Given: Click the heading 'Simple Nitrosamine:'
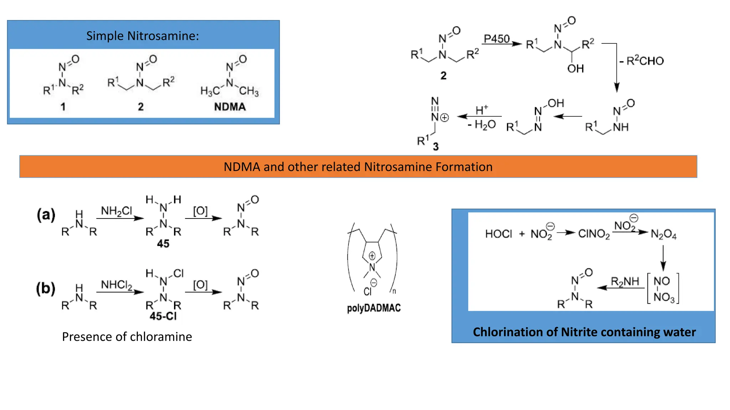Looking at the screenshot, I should [x=143, y=36].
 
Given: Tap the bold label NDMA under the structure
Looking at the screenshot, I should [x=230, y=107].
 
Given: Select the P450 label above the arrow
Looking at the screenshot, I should [x=497, y=38].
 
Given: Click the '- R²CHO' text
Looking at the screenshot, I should [x=642, y=61].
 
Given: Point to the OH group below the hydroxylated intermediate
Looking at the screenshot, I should [x=575, y=68].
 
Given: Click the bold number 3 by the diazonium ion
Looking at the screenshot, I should [x=436, y=146].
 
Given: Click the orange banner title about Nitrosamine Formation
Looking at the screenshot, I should [x=358, y=167].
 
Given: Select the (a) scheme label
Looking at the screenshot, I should [x=46, y=215].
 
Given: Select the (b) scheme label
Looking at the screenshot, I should [x=46, y=288].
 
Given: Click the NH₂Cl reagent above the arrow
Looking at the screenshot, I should [x=116, y=211].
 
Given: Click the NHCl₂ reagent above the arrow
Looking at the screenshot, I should [x=117, y=285].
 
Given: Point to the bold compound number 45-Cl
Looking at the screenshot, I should [x=163, y=316].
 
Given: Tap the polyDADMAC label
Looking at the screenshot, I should [x=374, y=308].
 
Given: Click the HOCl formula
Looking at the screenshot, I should [x=498, y=234].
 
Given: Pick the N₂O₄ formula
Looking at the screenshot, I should [x=663, y=234].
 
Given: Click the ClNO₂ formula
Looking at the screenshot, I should [x=594, y=234].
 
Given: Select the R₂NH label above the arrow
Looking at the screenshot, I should [x=625, y=282].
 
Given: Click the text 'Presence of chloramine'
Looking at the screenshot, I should [x=127, y=337].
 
